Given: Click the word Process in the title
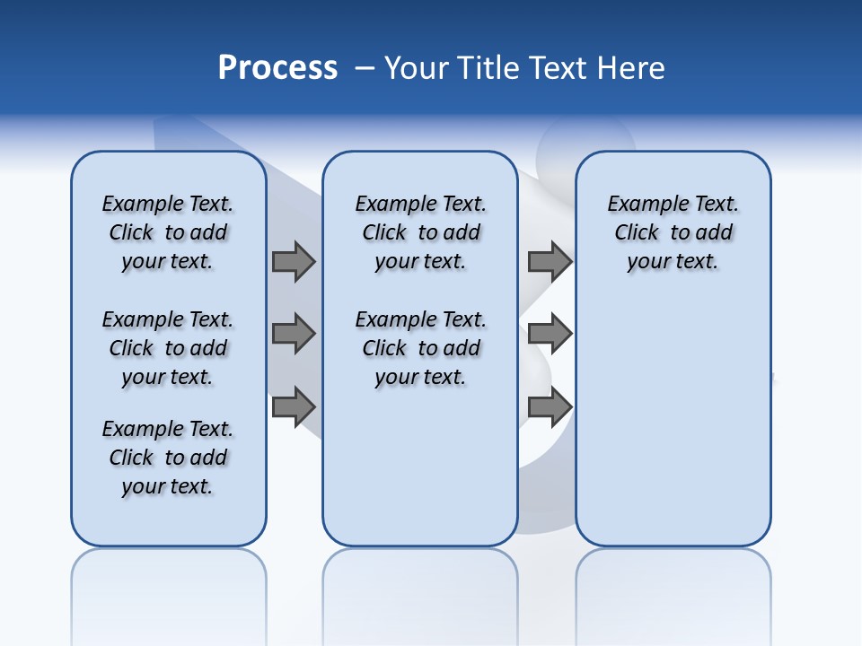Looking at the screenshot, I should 277,68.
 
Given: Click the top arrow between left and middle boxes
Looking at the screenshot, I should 294,261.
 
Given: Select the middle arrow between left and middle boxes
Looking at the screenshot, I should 294,335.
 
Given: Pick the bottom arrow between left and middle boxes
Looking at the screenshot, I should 294,407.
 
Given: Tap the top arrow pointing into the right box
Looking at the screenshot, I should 550,261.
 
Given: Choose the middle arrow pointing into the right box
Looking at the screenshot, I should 550,335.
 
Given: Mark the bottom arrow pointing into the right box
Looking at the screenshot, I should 550,407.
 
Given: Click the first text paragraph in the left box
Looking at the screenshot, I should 168,232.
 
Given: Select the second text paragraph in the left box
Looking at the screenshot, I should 168,348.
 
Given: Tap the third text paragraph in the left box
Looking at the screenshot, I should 168,458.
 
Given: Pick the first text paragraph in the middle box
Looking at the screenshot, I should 420,232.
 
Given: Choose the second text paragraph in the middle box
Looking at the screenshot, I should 420,348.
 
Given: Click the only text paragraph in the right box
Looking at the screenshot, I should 673,232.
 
